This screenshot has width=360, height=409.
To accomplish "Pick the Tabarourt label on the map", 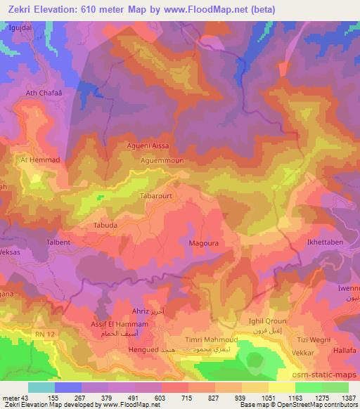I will [x=157, y=197].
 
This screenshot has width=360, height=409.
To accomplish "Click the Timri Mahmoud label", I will [x=217, y=340].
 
